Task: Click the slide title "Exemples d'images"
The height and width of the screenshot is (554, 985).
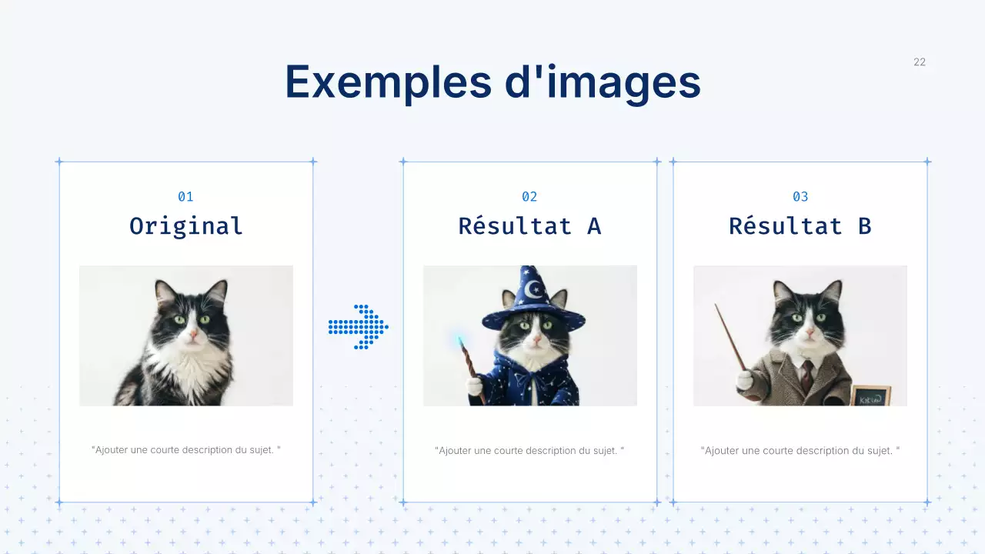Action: click(492, 82)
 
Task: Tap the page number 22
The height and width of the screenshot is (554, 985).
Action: click(920, 62)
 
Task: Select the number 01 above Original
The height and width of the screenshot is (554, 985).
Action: click(185, 197)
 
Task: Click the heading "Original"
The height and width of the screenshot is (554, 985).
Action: click(185, 226)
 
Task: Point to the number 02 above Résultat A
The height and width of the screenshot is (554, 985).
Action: click(529, 197)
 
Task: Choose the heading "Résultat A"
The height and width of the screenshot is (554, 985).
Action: click(529, 226)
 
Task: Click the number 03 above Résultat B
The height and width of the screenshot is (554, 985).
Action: click(800, 197)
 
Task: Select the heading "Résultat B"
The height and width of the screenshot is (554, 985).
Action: click(800, 226)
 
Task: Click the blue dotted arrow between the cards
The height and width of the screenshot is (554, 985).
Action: click(359, 327)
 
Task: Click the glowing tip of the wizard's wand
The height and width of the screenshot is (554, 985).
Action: click(460, 339)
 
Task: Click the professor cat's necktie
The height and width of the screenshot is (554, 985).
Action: click(806, 375)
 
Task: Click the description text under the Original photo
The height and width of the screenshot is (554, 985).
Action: click(185, 449)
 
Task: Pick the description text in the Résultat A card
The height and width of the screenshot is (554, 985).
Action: click(529, 450)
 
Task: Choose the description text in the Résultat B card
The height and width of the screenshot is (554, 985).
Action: click(800, 450)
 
